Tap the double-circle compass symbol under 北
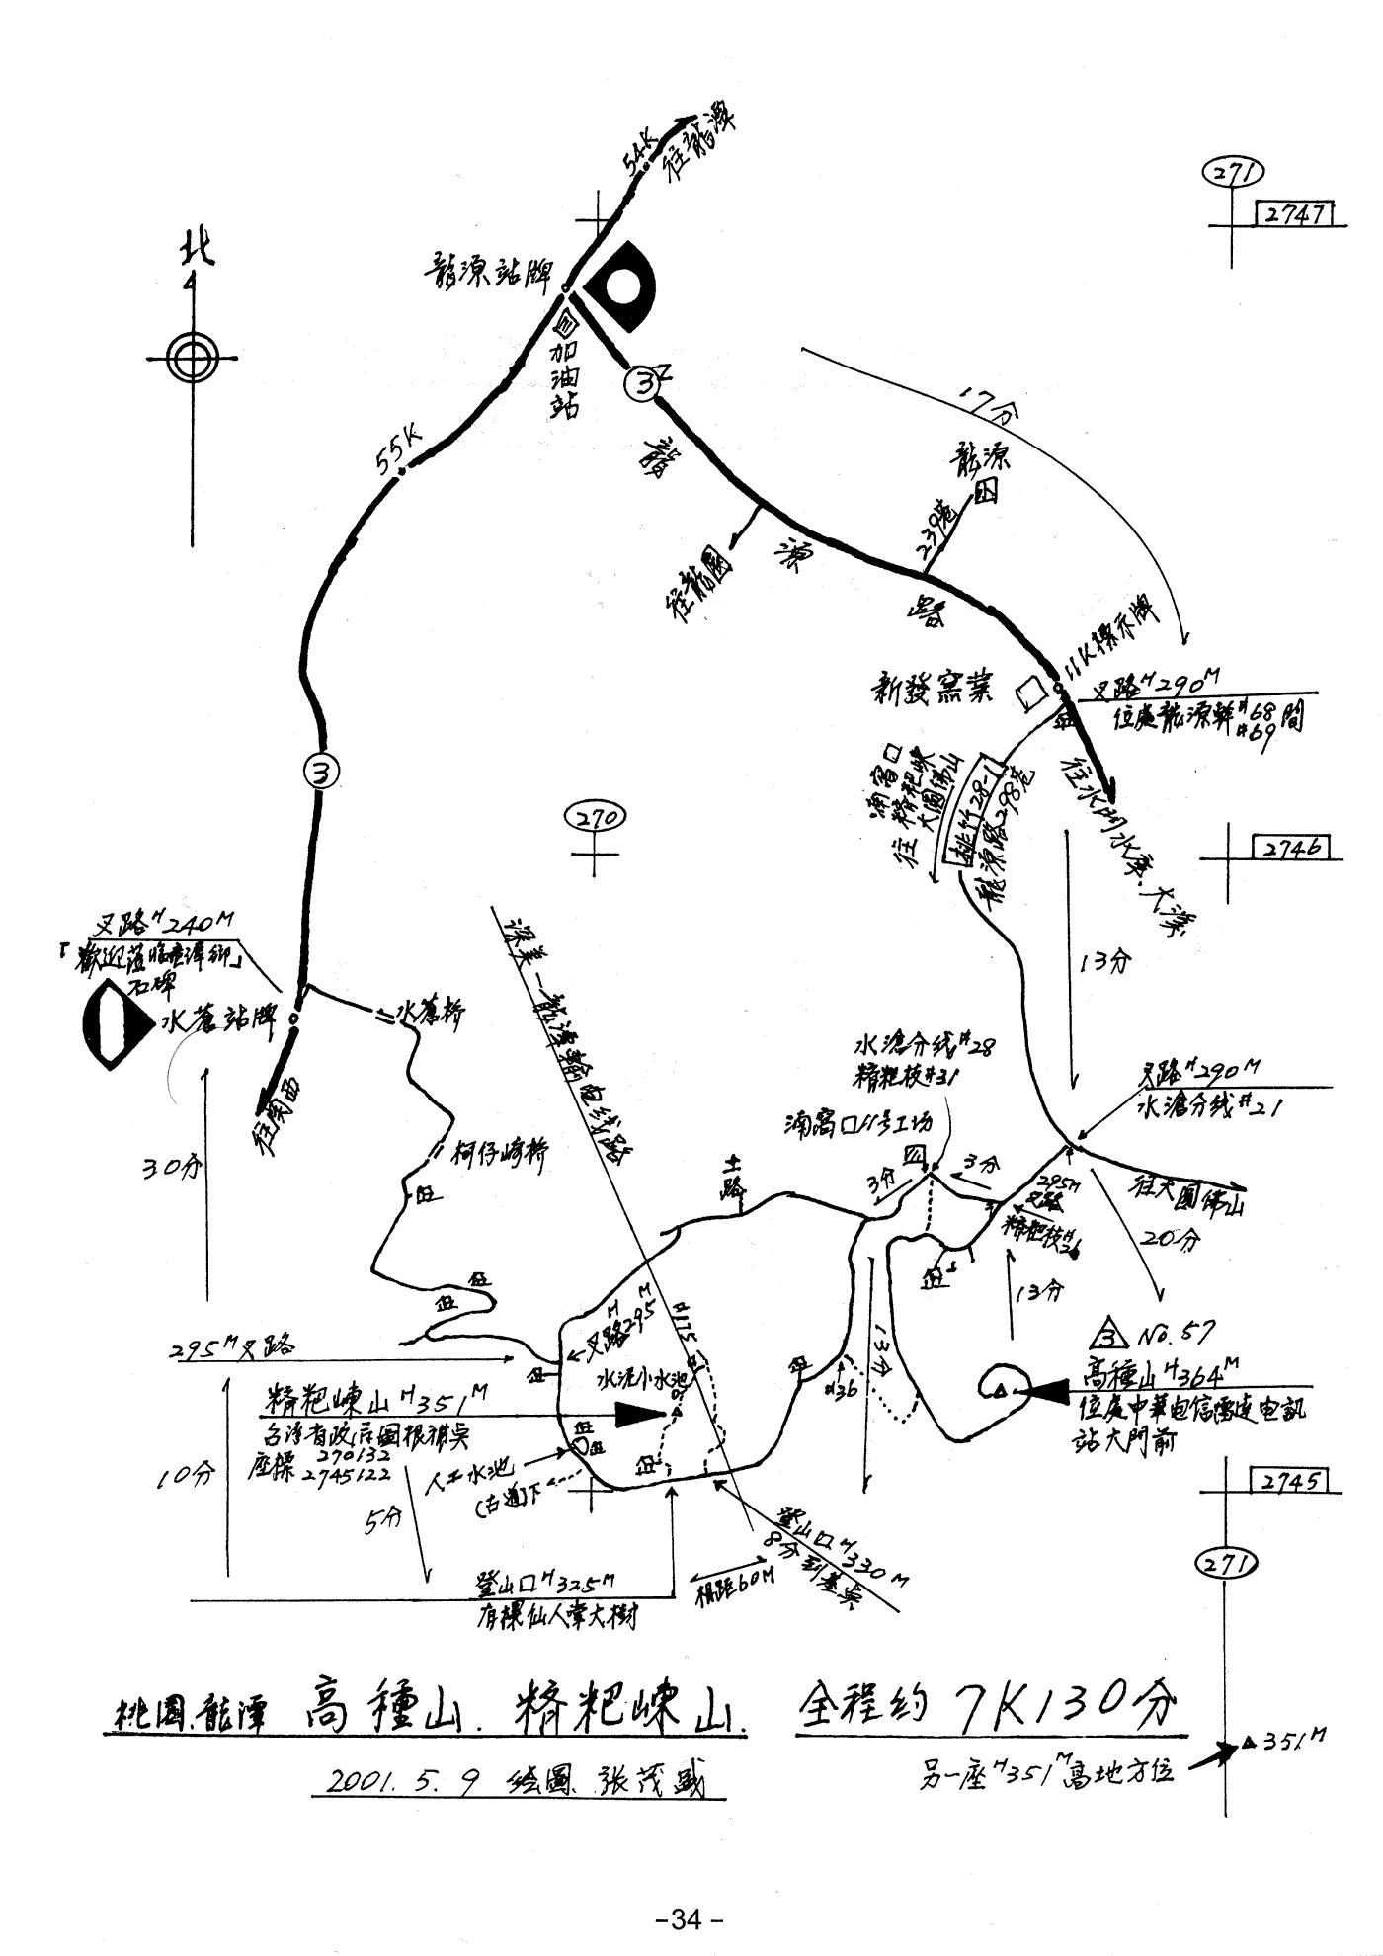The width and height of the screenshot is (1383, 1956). point(192,357)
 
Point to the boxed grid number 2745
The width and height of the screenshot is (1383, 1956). point(1289,1482)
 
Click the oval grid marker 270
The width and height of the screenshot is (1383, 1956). point(596,818)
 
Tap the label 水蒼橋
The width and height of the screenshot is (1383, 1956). point(430,1011)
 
